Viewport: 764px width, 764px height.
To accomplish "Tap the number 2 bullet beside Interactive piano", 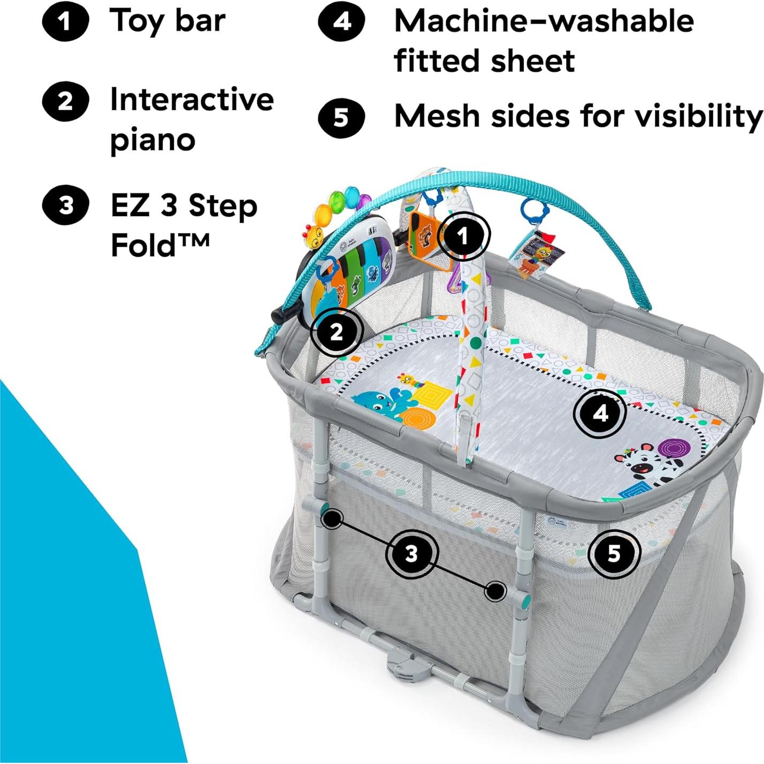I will point(65,101).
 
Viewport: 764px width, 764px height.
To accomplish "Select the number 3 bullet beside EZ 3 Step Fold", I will point(65,205).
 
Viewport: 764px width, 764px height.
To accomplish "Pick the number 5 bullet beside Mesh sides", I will point(341,117).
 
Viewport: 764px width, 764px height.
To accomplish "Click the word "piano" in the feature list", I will point(152,140).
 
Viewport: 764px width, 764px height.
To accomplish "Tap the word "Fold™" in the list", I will point(159,245).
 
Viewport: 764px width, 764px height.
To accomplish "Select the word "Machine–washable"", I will point(544,21).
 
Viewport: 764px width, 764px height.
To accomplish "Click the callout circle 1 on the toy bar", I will point(463,235).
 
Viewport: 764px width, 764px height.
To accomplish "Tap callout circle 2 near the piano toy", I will point(337,332).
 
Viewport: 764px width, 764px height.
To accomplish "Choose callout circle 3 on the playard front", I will point(411,553).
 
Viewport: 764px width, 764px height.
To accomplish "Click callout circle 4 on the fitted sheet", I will point(601,413).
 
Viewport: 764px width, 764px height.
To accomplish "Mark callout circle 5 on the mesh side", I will point(614,553).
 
